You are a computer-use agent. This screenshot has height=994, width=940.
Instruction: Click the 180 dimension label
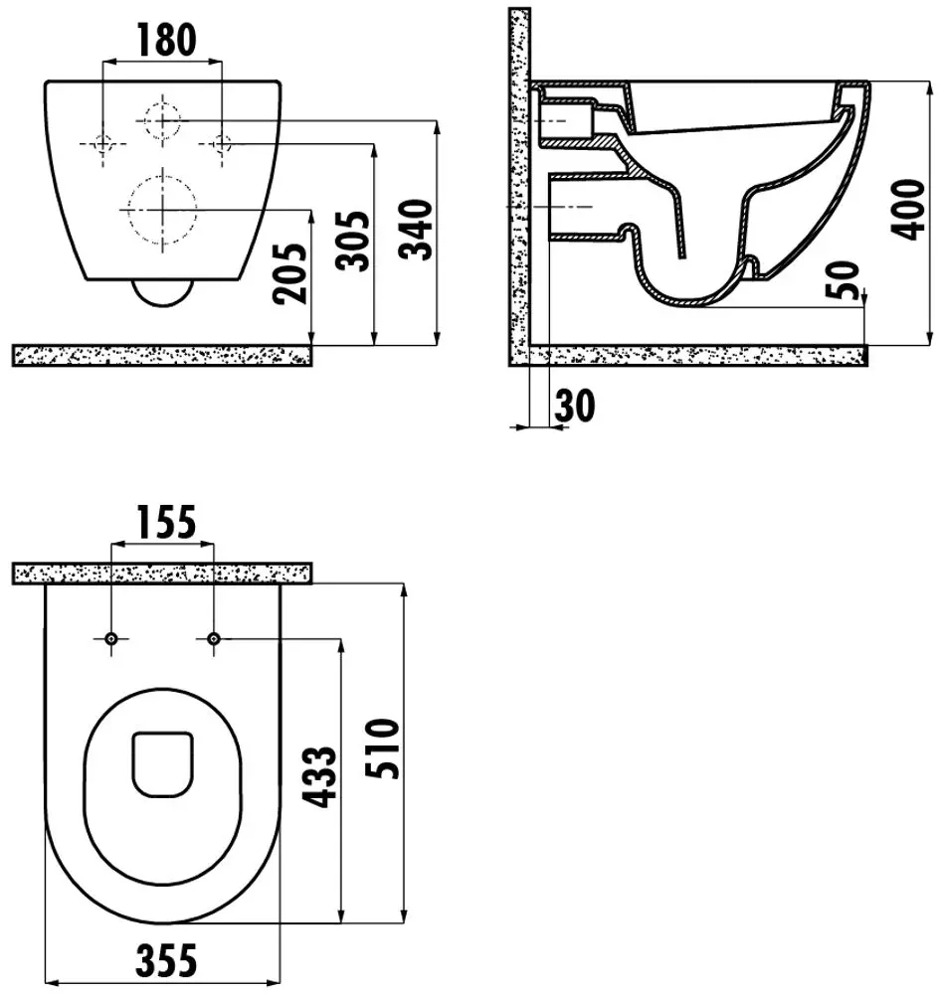(x=167, y=39)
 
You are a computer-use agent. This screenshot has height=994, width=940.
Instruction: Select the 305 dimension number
(x=353, y=241)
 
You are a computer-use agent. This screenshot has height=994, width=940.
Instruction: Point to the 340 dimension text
(x=416, y=230)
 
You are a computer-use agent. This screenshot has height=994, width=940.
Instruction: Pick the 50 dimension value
(x=843, y=279)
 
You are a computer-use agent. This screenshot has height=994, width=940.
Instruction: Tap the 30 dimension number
(x=575, y=406)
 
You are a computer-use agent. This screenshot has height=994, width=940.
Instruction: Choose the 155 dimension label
(x=165, y=522)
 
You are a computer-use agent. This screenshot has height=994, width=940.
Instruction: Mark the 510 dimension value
(x=382, y=748)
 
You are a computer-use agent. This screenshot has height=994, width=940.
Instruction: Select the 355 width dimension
(x=166, y=960)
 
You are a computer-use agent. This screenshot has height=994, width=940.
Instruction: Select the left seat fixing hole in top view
(x=111, y=638)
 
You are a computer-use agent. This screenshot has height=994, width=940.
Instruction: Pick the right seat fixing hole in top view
(x=214, y=638)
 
